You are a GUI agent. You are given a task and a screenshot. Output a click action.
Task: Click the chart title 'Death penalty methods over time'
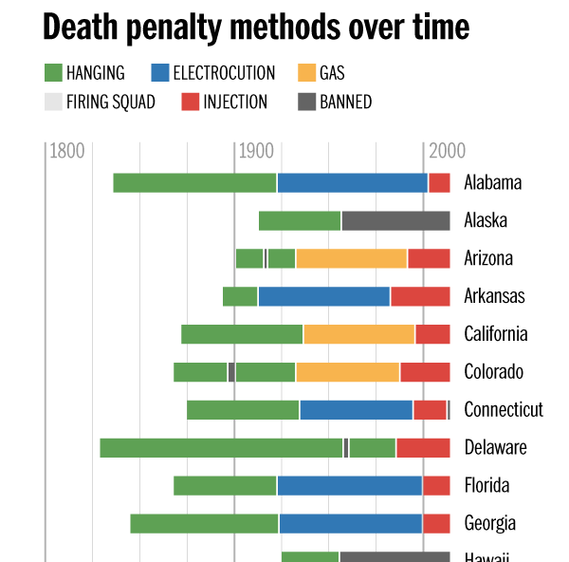[256, 28]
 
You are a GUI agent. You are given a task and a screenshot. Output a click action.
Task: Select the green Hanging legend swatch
[53, 73]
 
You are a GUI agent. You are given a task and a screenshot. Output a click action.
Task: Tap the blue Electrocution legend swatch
[159, 73]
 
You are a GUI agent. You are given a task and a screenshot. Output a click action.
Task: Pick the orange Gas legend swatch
[306, 73]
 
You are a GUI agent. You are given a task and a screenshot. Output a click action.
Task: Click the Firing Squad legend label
[111, 102]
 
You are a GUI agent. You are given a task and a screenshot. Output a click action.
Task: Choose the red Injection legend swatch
[189, 102]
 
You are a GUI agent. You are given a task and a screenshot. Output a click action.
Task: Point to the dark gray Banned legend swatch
[306, 102]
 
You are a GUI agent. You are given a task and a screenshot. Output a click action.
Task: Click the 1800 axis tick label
[67, 151]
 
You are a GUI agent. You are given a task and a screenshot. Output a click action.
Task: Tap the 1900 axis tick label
[257, 151]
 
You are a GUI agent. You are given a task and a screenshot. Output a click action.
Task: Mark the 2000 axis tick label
[447, 151]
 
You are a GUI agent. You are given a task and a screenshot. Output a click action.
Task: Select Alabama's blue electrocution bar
[352, 183]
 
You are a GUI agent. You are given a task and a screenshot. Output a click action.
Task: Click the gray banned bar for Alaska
[395, 221]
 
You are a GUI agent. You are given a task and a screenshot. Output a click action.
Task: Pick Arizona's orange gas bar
[351, 258]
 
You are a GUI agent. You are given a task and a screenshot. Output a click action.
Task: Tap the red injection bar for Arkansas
[420, 296]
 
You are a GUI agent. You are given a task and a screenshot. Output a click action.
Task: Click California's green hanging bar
[242, 334]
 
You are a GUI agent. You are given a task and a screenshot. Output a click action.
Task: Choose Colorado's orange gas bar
[348, 372]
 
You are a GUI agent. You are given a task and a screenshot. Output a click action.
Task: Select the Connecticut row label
[504, 410]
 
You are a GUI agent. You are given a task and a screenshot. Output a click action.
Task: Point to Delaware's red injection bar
[423, 448]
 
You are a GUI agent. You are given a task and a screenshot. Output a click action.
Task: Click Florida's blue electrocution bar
[349, 486]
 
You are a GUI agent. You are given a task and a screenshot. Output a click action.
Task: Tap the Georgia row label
[490, 524]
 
